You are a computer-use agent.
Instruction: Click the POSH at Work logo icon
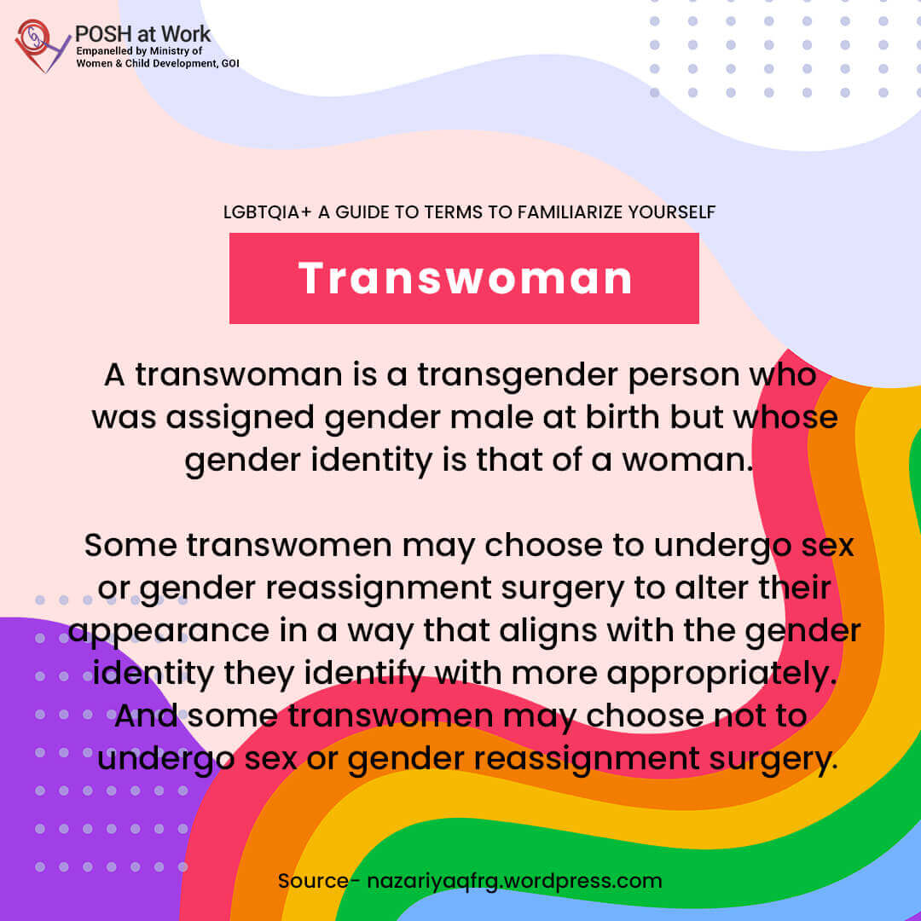pyautogui.click(x=41, y=46)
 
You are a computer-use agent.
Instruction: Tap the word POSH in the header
pyautogui.click(x=103, y=34)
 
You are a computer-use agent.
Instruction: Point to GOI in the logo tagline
pyautogui.click(x=230, y=63)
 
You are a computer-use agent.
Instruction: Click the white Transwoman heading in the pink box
pyautogui.click(x=465, y=278)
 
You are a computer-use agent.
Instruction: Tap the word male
pyautogui.click(x=492, y=417)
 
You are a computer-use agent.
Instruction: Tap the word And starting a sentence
pyautogui.click(x=146, y=715)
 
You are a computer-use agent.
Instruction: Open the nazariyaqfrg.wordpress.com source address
pyautogui.click(x=514, y=882)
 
